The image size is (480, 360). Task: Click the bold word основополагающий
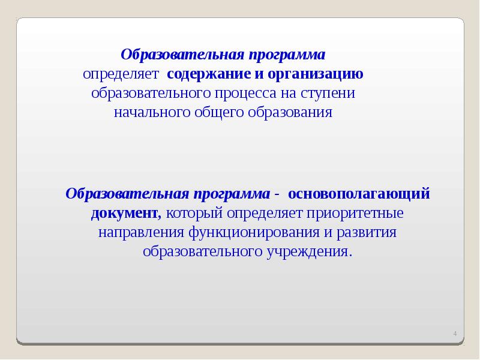359,194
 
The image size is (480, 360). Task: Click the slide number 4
454,334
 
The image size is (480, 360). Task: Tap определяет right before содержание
121,74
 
